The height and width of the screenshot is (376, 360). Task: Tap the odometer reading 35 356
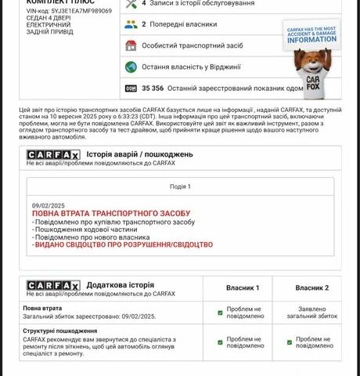(x=157, y=89)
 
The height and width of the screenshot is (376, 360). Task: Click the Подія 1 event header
(x=180, y=186)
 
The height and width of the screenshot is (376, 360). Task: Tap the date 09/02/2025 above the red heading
(x=49, y=204)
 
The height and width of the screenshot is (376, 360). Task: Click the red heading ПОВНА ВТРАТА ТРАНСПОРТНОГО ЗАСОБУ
(x=111, y=213)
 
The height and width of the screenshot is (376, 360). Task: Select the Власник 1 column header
(x=243, y=288)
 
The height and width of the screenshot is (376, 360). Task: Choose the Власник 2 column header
(x=311, y=288)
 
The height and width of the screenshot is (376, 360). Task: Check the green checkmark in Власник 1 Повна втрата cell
(x=220, y=313)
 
